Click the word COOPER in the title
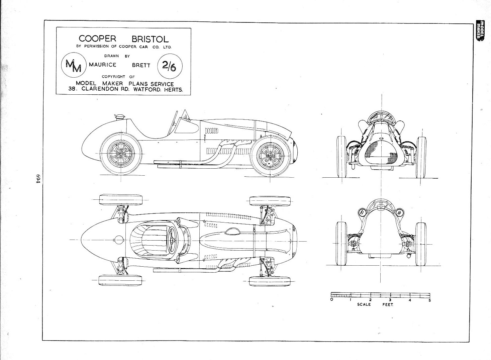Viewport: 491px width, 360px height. [x=97, y=38]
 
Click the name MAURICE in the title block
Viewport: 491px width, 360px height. [x=102, y=65]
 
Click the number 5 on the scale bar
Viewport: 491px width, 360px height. [x=430, y=300]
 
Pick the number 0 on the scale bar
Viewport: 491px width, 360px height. [x=331, y=300]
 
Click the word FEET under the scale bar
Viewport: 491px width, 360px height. [x=388, y=305]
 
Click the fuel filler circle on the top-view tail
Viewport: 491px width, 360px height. [x=116, y=240]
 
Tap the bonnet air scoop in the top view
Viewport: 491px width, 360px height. [x=233, y=232]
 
